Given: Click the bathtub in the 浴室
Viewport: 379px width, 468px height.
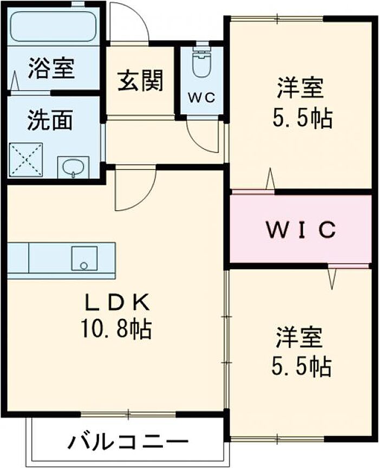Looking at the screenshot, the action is (x=54, y=27).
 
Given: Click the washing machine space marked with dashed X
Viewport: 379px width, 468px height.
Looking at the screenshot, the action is (x=26, y=160).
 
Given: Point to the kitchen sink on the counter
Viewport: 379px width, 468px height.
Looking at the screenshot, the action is (x=84, y=258).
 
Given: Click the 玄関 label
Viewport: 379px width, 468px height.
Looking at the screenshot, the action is (x=140, y=81).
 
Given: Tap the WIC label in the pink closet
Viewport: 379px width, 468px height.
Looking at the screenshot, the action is (x=301, y=230).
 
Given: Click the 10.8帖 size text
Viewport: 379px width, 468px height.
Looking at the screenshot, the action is (x=115, y=329).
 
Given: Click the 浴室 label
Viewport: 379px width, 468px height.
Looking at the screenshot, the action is (x=51, y=68).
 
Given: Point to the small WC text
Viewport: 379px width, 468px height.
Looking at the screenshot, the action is (x=201, y=97).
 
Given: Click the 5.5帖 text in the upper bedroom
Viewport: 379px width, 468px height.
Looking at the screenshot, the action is (x=302, y=118).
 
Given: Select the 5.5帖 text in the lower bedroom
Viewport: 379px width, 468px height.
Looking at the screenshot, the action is (x=301, y=367).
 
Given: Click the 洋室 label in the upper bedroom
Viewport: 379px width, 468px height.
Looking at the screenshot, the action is (x=300, y=88).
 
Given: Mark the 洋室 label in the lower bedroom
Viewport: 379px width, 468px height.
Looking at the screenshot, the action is (x=299, y=337).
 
